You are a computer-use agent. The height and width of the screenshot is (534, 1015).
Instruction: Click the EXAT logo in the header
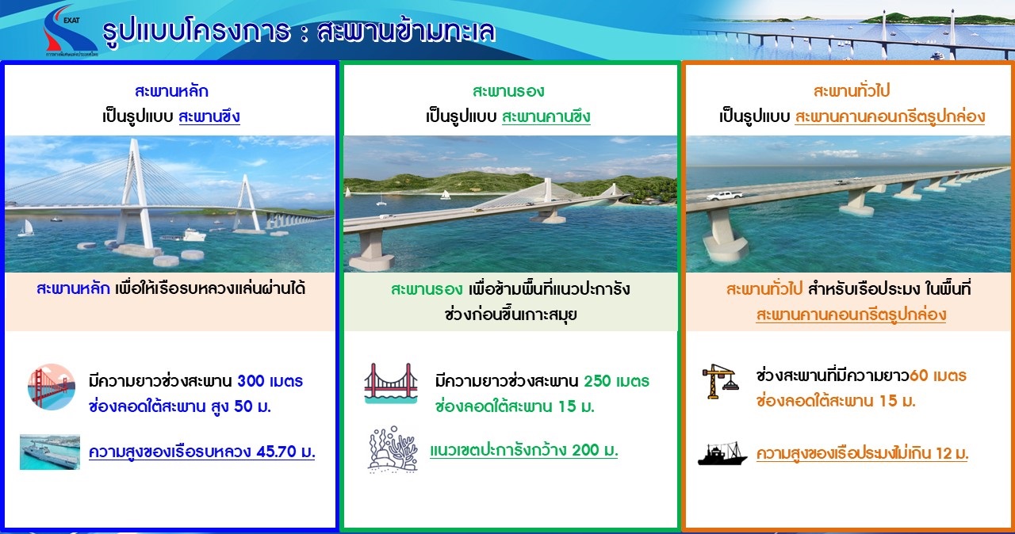[x=71, y=32]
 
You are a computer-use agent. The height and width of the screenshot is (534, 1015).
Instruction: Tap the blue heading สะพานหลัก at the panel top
[x=171, y=91]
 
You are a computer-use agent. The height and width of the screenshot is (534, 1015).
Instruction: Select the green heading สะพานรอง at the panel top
[x=508, y=91]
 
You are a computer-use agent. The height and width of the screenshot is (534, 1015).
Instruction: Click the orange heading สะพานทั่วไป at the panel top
[x=852, y=91]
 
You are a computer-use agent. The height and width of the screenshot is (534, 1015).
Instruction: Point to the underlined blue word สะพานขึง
[x=209, y=116]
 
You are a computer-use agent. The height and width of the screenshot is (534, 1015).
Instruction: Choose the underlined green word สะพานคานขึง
[x=546, y=116]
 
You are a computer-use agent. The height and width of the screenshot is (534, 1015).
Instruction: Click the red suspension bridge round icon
[x=52, y=387]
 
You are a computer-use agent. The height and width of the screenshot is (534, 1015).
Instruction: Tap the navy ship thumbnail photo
[x=50, y=452]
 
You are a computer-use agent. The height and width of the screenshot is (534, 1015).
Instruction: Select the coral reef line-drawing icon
[x=393, y=449]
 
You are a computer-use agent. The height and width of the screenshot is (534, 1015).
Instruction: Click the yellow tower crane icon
[x=721, y=381]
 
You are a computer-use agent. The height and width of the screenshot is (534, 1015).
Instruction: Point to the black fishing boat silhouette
[x=722, y=453]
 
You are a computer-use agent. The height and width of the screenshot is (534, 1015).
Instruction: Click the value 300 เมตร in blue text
[x=270, y=381]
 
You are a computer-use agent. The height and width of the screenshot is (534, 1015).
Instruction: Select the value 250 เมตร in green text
[x=616, y=381]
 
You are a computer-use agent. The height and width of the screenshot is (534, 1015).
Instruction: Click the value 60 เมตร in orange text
[x=938, y=376]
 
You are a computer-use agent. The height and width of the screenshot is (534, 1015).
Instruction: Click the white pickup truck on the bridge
[x=724, y=196]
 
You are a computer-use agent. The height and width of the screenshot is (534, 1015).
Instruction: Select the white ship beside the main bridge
[x=194, y=235]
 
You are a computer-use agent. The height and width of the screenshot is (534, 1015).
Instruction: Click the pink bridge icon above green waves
[x=391, y=383]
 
